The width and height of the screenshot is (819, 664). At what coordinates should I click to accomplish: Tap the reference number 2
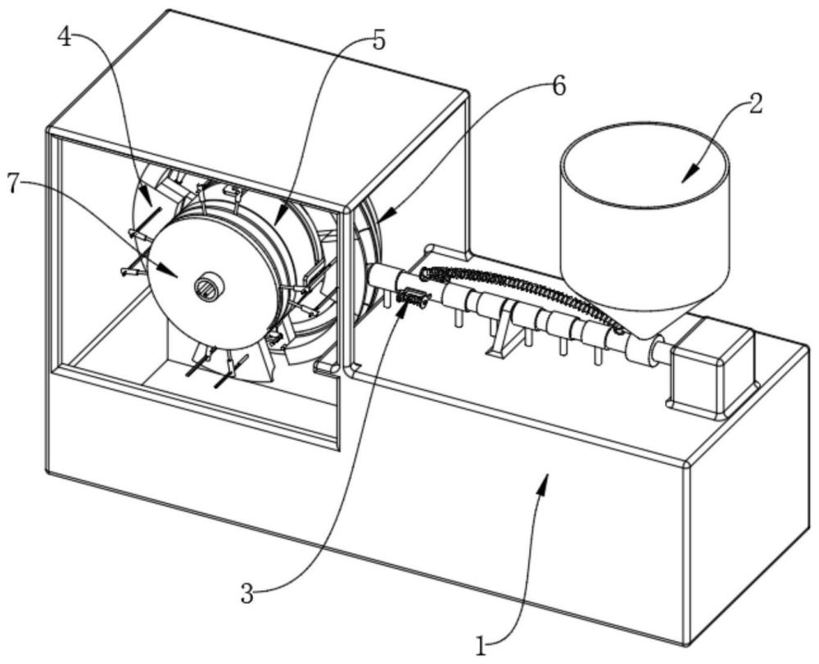coord(755,104)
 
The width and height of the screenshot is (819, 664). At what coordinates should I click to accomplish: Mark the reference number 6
coord(558,86)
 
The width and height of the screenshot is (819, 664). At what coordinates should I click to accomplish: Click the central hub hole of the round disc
coord(206,286)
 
